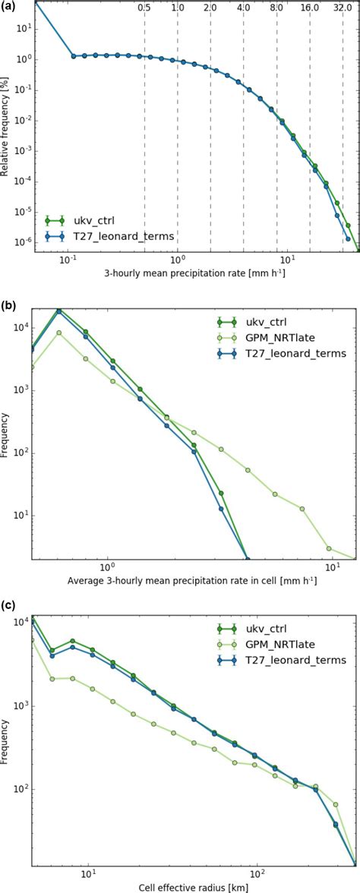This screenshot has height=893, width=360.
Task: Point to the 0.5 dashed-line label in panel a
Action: click(x=144, y=8)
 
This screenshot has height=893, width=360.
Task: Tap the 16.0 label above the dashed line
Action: click(x=309, y=8)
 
